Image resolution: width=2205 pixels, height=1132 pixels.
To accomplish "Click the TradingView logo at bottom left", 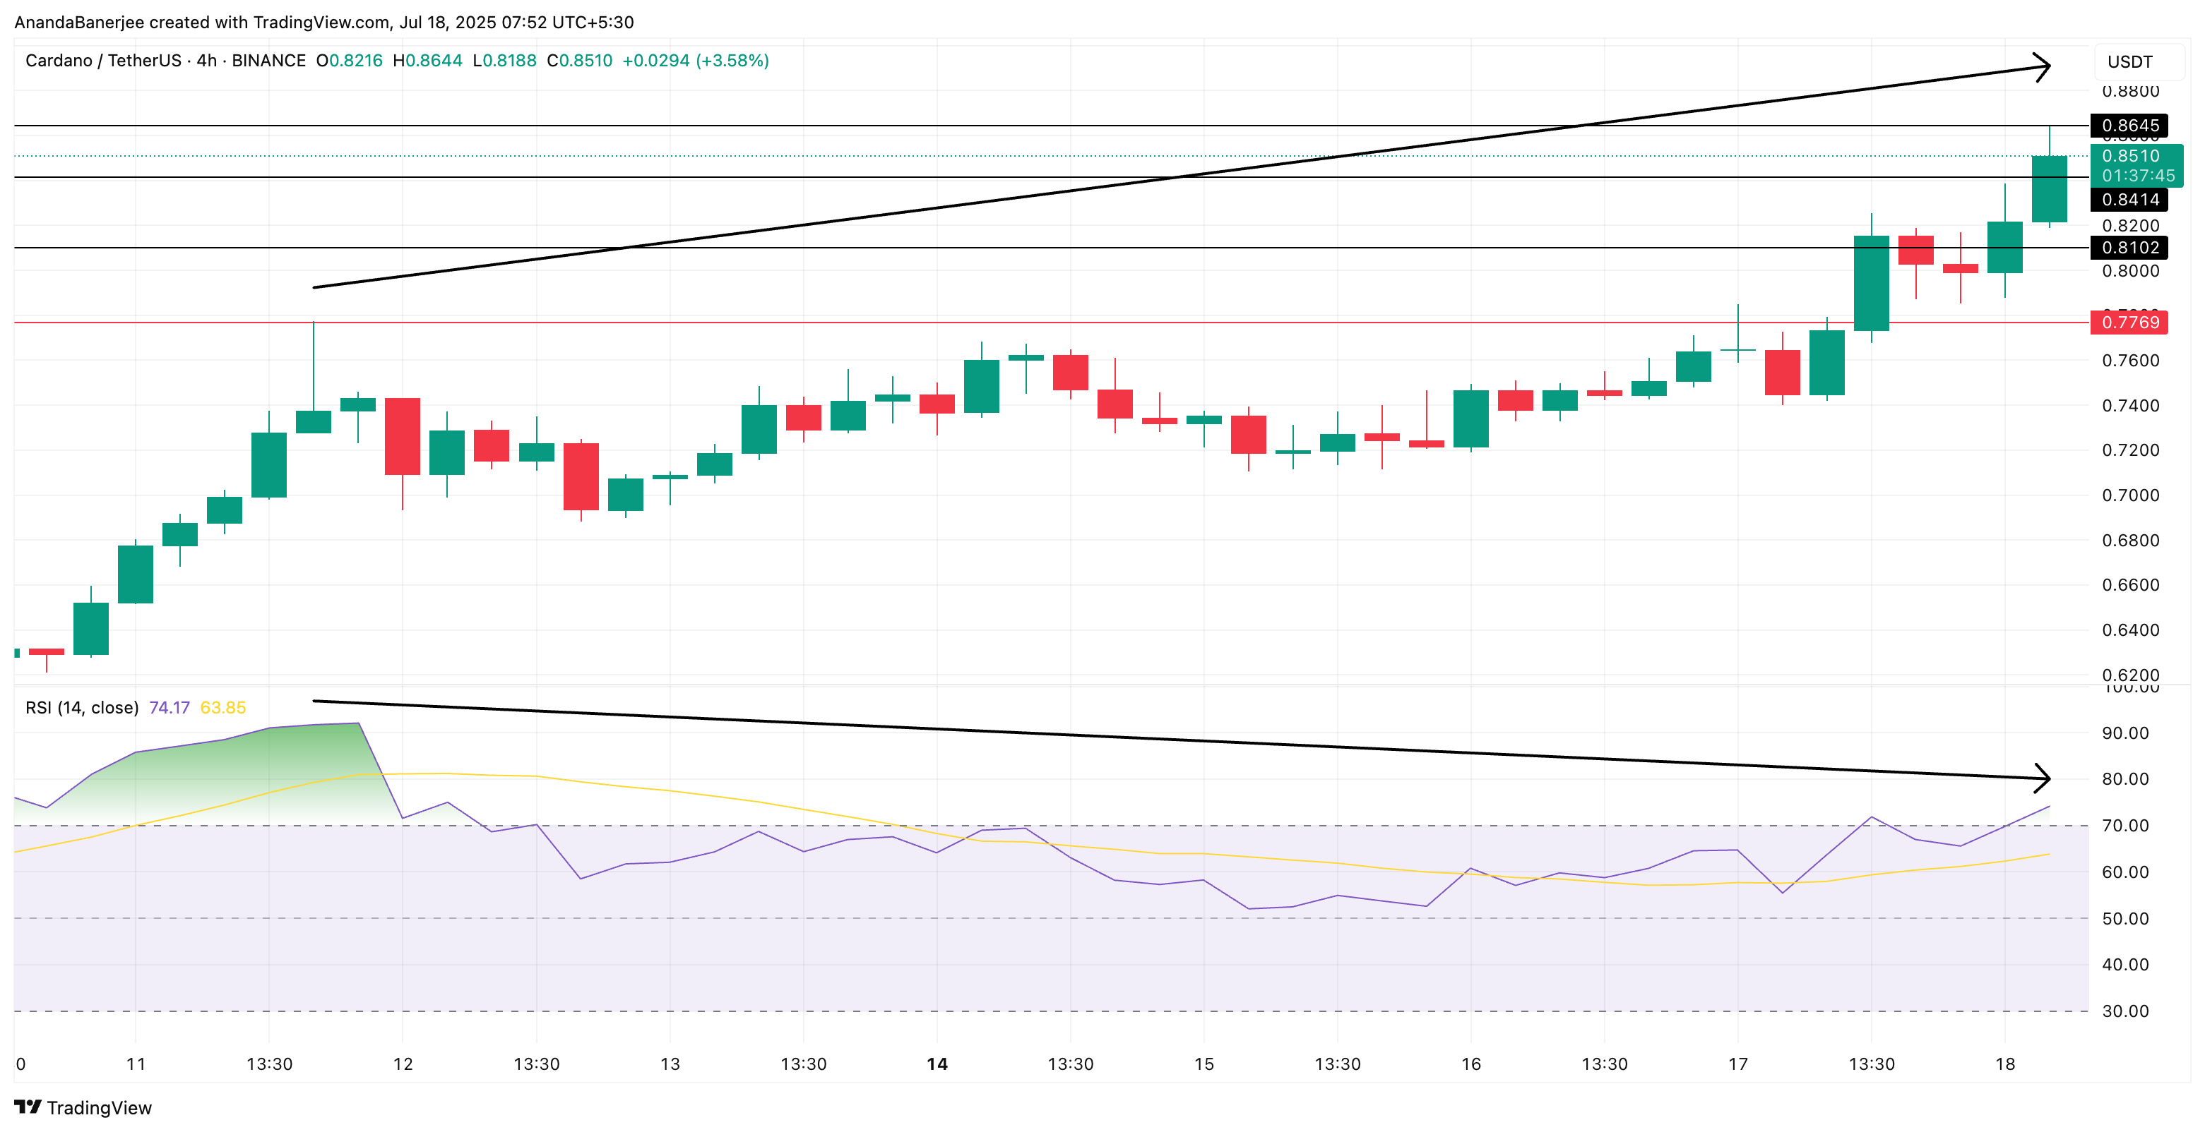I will coord(83,1107).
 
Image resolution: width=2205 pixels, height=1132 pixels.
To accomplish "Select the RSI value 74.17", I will coord(169,708).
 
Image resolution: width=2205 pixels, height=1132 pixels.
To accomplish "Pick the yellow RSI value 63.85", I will coord(222,708).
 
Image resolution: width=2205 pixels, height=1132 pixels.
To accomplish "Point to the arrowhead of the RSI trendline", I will coord(2043,778).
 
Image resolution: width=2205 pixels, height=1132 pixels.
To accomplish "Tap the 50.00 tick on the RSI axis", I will coord(2124,918).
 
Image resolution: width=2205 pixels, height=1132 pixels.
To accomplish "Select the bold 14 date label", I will coord(937,1064).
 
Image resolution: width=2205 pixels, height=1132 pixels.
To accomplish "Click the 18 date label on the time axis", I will coord(2004,1064).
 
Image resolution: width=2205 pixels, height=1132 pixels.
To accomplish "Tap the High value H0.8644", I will coord(427,61).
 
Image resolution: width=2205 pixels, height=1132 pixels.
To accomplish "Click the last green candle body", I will coord(2049,189).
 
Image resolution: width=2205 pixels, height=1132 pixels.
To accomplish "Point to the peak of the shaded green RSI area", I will coord(358,725).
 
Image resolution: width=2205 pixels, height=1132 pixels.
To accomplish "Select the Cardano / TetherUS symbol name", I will coord(102,61).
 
